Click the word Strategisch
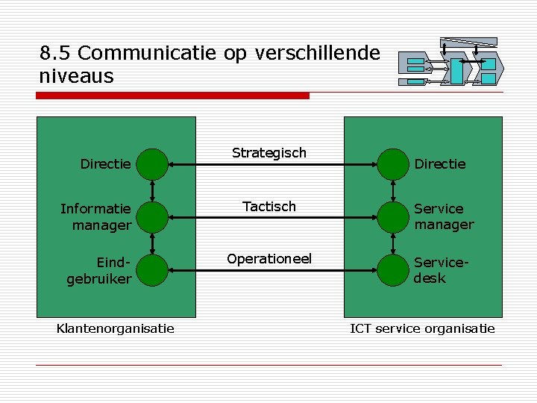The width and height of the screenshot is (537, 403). point(268,153)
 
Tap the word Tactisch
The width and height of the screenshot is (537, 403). point(268,207)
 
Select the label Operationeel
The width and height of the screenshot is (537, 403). point(268,259)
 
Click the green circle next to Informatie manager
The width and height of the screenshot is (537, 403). point(153,217)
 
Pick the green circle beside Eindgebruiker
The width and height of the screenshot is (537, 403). point(153,270)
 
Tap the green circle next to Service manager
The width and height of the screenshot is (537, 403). point(392,217)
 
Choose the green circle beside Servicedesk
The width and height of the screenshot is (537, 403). point(392,270)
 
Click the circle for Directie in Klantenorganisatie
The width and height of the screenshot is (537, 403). point(153,164)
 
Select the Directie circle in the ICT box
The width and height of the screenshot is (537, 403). point(392,164)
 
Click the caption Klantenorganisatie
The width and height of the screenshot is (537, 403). point(116,328)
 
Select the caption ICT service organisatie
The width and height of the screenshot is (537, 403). point(422,328)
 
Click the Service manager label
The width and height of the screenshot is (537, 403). point(444,216)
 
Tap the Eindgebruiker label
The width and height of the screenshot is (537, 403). point(100,270)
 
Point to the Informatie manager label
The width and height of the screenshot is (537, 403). point(96,216)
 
